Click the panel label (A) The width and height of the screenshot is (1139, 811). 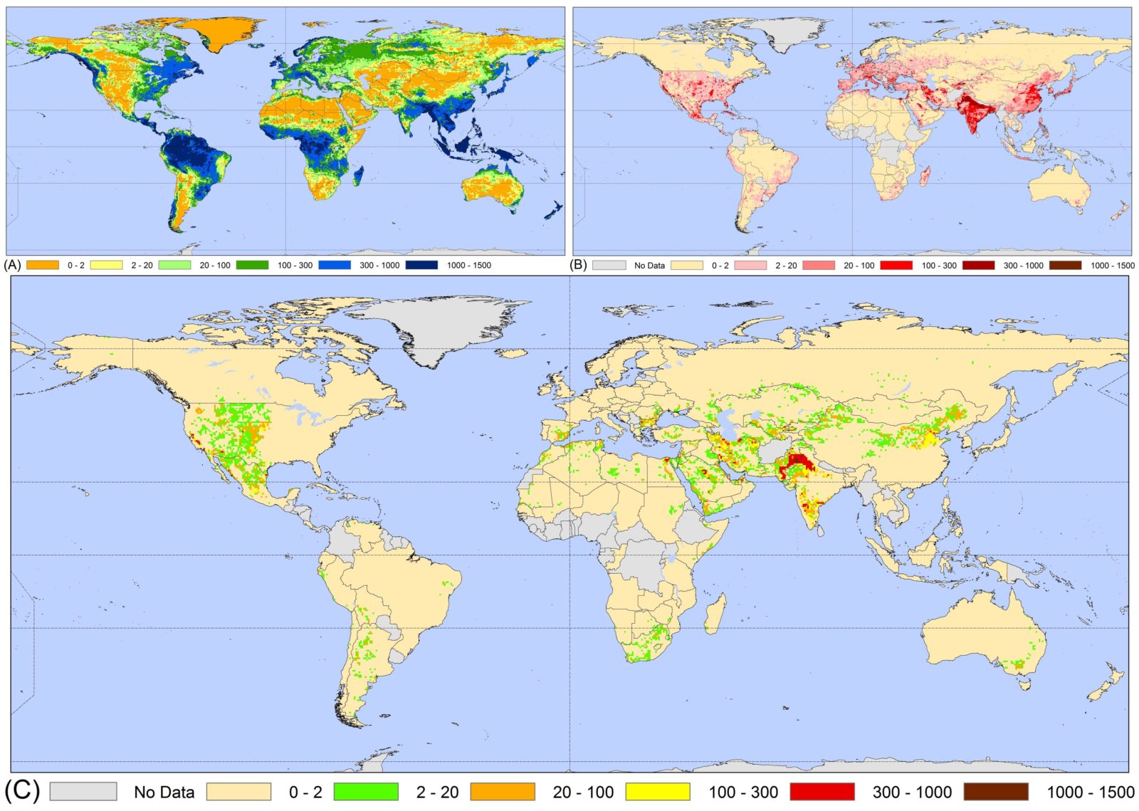tap(12, 265)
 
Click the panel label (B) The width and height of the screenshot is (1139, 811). tap(579, 265)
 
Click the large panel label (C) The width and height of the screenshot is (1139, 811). tap(21, 790)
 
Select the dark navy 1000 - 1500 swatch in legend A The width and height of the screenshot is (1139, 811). tap(421, 265)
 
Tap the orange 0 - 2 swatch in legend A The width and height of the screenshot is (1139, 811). tap(43, 265)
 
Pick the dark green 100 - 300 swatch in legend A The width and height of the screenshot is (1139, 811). tap(252, 265)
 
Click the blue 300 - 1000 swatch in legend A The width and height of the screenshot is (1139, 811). tap(335, 265)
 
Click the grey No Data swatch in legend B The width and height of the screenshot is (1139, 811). tap(609, 265)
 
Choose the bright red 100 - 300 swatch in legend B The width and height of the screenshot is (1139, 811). tap(896, 265)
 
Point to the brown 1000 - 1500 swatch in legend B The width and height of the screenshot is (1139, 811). tap(1065, 265)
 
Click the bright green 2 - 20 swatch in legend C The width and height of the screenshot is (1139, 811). tap(365, 791)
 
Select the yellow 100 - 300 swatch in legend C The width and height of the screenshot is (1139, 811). tap(657, 791)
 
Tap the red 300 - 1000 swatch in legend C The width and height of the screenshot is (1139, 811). tap(822, 791)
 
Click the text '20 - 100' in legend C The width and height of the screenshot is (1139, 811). tap(583, 792)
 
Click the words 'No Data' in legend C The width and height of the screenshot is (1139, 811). tap(164, 792)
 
